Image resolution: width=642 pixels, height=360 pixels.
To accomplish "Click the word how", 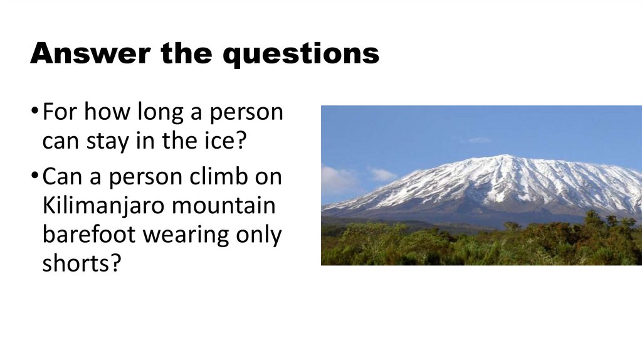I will (105, 114).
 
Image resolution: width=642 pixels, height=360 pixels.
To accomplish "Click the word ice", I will (224, 140).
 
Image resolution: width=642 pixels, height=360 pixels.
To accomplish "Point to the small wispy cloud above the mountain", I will (478, 140).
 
